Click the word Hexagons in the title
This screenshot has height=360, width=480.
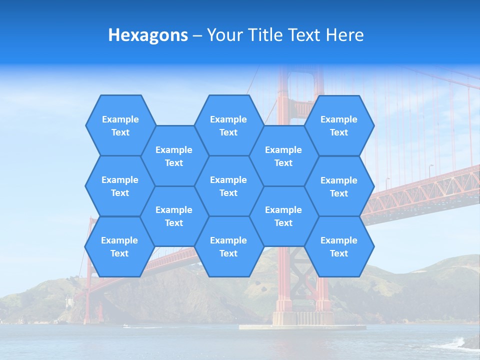[x=148, y=35]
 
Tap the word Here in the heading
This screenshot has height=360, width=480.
[x=344, y=35]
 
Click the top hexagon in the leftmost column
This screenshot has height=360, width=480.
[x=120, y=125]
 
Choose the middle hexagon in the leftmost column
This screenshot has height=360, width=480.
[x=120, y=186]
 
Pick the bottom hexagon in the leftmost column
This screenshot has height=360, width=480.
[x=119, y=246]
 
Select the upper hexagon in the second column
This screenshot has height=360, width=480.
[x=174, y=156]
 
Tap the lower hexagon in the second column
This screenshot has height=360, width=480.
[x=174, y=216]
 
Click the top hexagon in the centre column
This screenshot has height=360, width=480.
[x=228, y=125]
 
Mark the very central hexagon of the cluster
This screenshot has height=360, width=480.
[x=228, y=186]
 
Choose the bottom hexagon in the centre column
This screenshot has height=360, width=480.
[x=228, y=246]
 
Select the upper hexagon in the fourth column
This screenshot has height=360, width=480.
[x=283, y=156]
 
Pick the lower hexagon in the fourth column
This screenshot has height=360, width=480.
[x=283, y=216]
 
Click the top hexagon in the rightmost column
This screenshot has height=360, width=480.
[x=339, y=125]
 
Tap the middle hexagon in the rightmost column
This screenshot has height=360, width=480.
[x=339, y=186]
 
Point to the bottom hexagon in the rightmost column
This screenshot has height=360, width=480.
[x=339, y=246]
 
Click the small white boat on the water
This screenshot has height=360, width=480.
[x=126, y=326]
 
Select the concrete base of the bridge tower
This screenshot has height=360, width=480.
[x=302, y=320]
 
